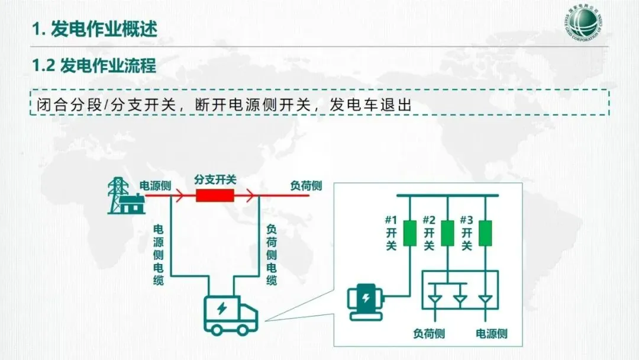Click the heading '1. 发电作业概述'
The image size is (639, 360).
(x=95, y=28)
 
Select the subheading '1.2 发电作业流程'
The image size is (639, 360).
(x=94, y=66)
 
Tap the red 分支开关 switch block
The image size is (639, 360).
(x=215, y=195)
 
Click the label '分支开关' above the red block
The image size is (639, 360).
(x=215, y=179)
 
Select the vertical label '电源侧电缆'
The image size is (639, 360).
(x=158, y=255)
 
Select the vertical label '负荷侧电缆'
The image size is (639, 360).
(x=272, y=255)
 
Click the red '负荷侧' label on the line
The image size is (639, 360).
(x=306, y=185)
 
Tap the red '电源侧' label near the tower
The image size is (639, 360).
(x=155, y=185)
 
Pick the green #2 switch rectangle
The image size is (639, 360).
(x=448, y=232)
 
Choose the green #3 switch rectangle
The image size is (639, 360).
(x=485, y=232)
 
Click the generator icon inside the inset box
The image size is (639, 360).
(x=366, y=302)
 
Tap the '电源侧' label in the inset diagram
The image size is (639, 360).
(x=491, y=333)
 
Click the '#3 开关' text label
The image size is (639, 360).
(x=467, y=232)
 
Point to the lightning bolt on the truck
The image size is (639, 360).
(x=222, y=309)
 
